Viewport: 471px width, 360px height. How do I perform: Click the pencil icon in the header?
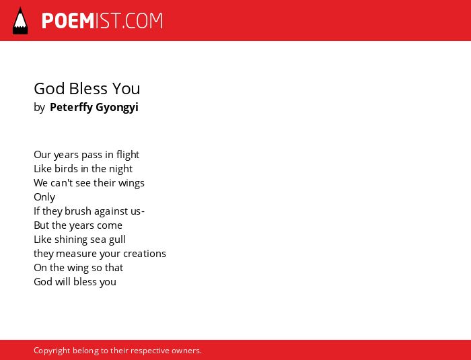click(20, 20)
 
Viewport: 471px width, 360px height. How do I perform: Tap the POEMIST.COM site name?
click(102, 21)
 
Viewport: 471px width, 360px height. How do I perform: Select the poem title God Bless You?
click(87, 89)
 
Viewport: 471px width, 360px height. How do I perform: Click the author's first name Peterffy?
click(71, 107)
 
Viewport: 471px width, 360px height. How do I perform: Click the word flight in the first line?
click(128, 155)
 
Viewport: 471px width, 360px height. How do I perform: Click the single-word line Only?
click(44, 197)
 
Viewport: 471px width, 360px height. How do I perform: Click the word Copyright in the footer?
click(52, 351)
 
